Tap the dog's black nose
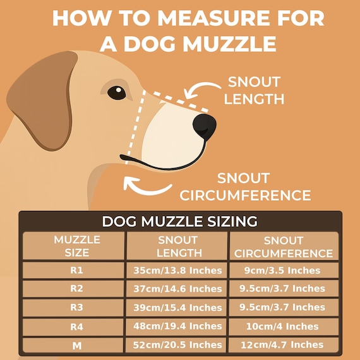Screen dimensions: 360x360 click(205, 126)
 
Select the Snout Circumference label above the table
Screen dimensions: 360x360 click(245, 186)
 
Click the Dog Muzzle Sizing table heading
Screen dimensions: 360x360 click(180, 222)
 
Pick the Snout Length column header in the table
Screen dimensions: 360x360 click(177, 246)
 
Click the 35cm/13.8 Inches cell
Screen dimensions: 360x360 click(177, 270)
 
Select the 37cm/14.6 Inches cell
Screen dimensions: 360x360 click(177, 289)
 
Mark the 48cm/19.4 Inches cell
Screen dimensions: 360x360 click(177, 327)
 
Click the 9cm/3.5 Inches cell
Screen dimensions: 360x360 click(283, 270)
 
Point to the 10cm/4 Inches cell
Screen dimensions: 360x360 click(283, 327)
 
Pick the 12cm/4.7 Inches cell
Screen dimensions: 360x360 click(283, 345)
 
